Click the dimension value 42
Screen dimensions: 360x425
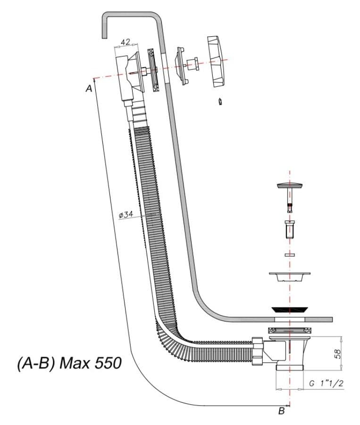(x=126, y=42)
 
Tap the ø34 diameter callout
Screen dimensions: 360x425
(x=126, y=215)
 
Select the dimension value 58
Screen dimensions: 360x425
(x=338, y=354)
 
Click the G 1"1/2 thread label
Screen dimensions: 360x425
(x=327, y=383)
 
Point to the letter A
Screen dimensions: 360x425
(x=89, y=88)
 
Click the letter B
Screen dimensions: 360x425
(x=282, y=411)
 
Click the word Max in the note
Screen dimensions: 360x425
(x=74, y=363)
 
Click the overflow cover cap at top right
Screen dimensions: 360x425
(x=216, y=61)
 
